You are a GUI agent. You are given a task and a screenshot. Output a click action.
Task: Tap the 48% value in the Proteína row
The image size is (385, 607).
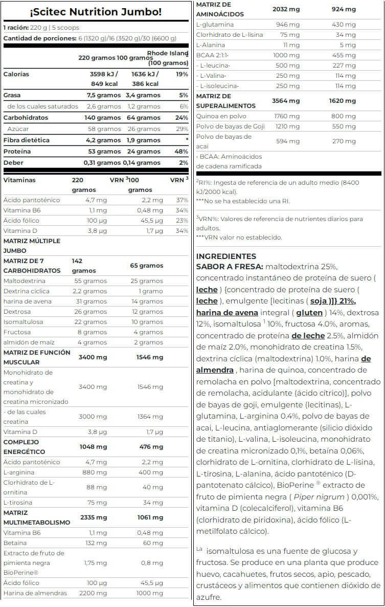182,151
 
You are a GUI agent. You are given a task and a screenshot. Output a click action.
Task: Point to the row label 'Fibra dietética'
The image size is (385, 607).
27,140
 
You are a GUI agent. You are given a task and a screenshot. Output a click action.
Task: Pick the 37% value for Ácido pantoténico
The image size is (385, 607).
182,200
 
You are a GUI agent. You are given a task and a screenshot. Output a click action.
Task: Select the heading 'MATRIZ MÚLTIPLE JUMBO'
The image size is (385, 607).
32,246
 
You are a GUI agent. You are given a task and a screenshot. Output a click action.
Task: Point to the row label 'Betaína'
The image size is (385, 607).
16,543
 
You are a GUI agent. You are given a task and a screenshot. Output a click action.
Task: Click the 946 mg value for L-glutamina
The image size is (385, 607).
288,25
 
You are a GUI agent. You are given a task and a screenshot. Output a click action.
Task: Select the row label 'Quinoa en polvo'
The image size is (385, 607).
221,116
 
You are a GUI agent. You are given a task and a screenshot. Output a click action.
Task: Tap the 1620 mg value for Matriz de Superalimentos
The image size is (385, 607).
343,101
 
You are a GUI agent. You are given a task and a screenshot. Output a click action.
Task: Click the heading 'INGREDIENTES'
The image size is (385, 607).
226,256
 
